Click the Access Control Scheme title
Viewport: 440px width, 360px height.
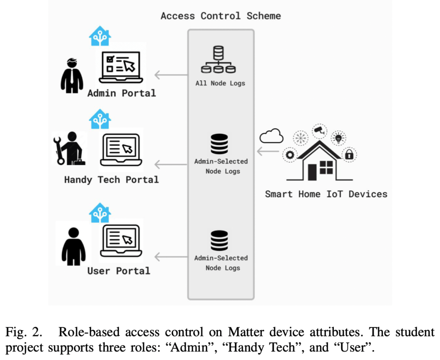220,16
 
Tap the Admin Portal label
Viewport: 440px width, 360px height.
122,93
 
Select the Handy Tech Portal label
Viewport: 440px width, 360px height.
111,179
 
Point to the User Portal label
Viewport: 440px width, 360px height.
119,271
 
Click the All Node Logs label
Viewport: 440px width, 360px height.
220,83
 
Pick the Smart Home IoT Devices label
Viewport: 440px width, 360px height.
326,194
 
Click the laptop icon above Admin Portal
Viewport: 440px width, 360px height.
120,67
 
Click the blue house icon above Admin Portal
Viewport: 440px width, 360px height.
100,36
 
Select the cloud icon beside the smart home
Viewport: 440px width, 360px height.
272,136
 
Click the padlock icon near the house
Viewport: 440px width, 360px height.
349,154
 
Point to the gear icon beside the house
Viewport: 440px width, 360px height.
290,154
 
